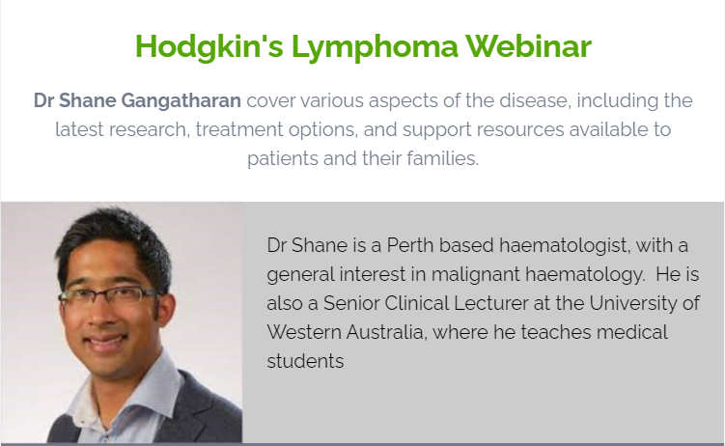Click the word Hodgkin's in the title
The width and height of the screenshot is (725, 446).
coord(209,46)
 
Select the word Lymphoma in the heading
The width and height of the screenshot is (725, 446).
coord(375,46)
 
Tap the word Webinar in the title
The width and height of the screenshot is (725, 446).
coord(528,46)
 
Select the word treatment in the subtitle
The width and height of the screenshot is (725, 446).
coord(239,130)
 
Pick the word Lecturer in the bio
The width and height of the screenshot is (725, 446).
coord(491,303)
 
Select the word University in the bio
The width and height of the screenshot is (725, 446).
coord(632,303)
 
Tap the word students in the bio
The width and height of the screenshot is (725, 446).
coord(305,361)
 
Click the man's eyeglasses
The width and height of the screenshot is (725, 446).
coord(107,294)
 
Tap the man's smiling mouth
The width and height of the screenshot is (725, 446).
coord(107,341)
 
